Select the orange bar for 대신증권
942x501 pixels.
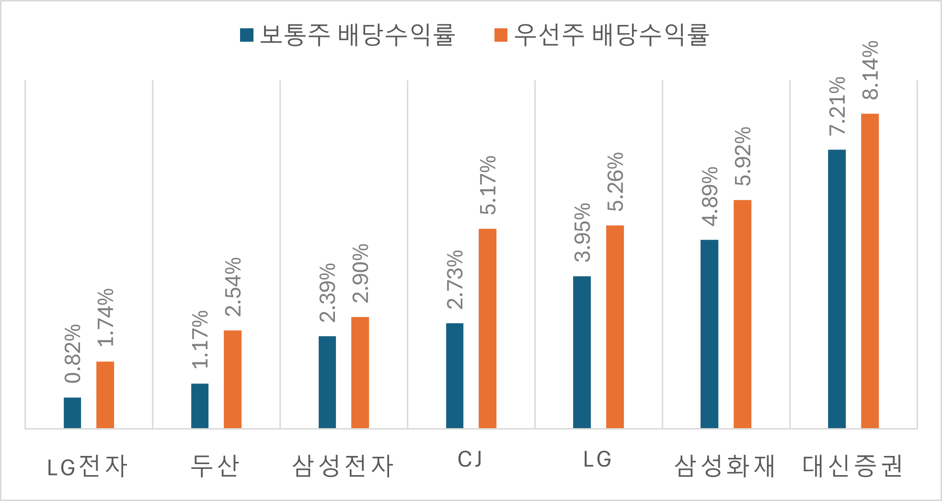(x=870, y=271)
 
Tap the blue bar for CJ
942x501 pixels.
(x=455, y=375)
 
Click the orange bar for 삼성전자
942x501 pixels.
(x=360, y=372)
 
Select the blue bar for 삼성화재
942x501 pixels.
(x=709, y=334)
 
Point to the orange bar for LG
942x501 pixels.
(x=615, y=326)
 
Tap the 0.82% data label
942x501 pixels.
(x=73, y=354)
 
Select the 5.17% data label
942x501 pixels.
(x=488, y=185)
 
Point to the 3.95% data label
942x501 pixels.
(x=582, y=233)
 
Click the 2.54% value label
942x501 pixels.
(x=233, y=287)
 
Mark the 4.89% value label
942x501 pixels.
(x=710, y=197)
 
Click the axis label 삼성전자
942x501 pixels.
(x=343, y=466)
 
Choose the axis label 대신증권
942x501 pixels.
(x=852, y=466)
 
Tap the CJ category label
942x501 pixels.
(x=470, y=460)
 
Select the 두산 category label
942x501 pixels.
(x=215, y=466)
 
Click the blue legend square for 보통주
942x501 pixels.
(x=247, y=35)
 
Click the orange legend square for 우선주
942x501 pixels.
(x=501, y=35)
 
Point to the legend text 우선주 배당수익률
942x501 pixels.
(x=611, y=35)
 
